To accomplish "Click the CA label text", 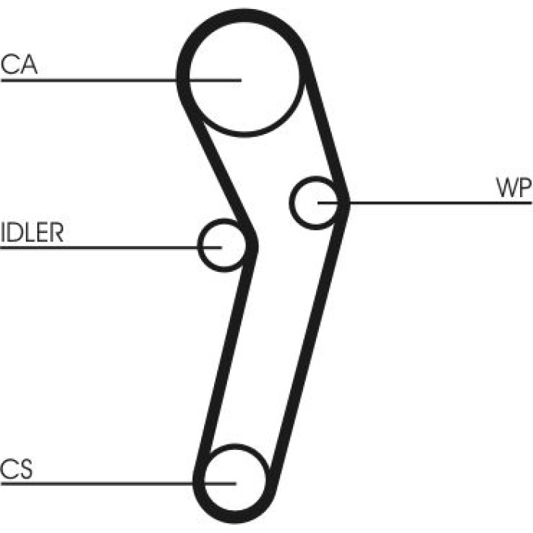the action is pos(19,65).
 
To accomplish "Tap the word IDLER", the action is pos(32,232).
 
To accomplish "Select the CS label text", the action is pos(16,469).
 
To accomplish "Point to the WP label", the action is pos(514,187).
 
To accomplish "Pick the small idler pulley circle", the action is pos(199,245).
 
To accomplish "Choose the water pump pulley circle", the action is pos(291,203).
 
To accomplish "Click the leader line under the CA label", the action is pos(121,81).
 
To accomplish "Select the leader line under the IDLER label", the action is pos(111,247).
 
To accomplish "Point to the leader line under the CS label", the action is pos(118,484).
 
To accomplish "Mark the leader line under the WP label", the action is pos(425,203).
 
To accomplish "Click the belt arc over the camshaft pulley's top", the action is pos(244,15).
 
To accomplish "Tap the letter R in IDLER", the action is pos(56,232).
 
